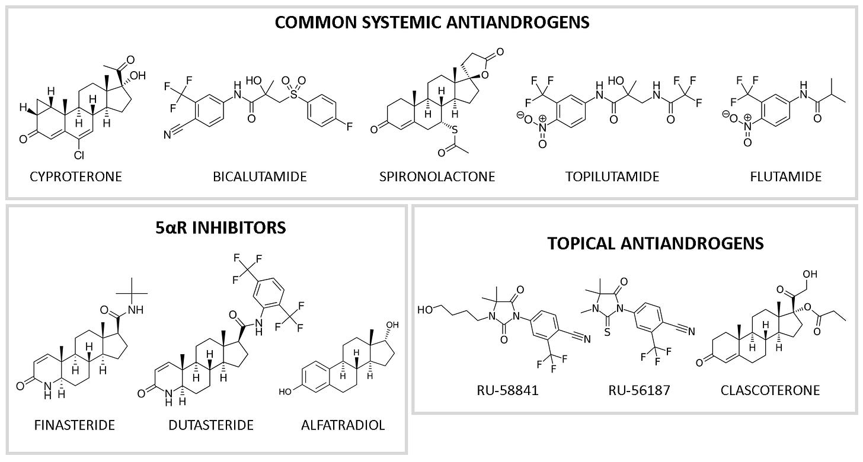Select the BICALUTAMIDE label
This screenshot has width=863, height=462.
click(260, 176)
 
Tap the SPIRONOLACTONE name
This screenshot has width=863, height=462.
click(436, 176)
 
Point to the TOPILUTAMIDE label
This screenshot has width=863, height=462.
click(613, 176)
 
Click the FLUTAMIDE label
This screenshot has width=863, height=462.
click(790, 176)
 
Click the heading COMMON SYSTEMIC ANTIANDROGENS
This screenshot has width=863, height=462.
click(431, 23)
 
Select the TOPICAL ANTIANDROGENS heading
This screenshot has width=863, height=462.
click(634, 243)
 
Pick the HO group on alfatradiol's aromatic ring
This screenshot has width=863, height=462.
click(286, 391)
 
